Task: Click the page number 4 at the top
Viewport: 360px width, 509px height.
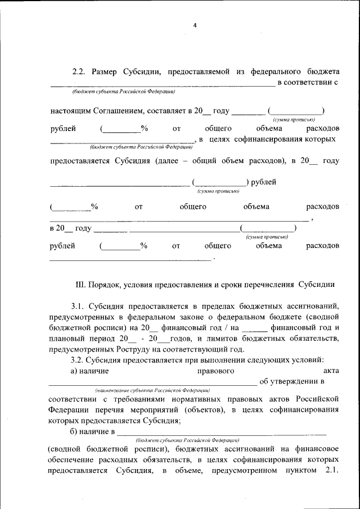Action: point(195,25)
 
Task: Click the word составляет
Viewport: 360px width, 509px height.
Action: point(166,111)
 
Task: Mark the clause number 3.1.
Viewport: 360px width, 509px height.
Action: point(78,306)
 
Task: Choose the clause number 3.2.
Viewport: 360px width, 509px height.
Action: point(78,360)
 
